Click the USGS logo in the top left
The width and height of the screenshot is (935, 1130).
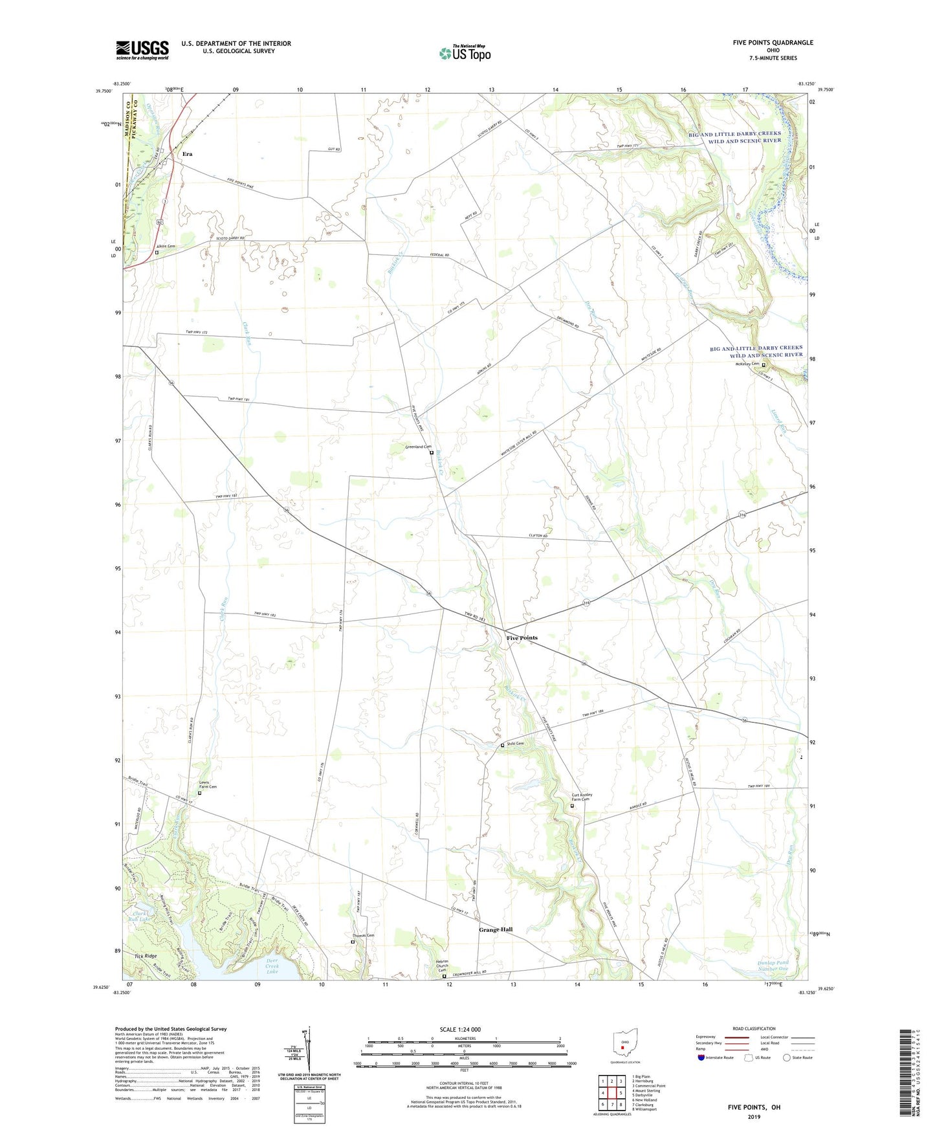tap(142, 50)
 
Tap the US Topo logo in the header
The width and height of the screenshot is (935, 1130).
tap(465, 53)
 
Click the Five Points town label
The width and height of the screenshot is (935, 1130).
tap(522, 638)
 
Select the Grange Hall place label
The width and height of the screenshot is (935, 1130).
tap(496, 929)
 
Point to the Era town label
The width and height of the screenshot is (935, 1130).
tap(188, 154)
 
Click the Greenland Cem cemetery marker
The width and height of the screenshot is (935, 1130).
tap(432, 452)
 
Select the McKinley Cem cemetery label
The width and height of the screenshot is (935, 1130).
tap(747, 364)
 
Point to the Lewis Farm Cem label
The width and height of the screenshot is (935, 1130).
tap(208, 785)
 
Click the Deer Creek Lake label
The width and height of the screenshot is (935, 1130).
tap(272, 966)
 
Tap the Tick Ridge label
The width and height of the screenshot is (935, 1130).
tap(146, 956)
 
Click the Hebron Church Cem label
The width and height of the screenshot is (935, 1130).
tap(443, 966)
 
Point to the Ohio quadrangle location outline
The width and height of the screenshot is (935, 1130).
tap(624, 1045)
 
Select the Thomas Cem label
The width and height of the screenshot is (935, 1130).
tap(363, 935)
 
